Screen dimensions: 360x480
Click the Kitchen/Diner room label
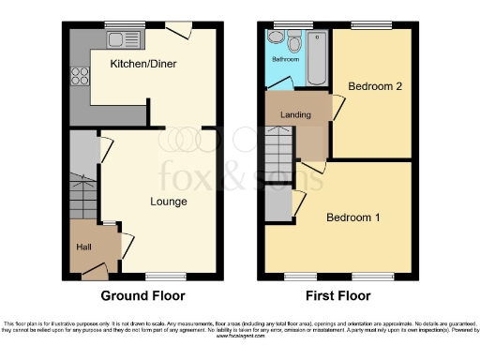click(144, 64)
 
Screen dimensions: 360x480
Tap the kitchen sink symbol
click(120, 39)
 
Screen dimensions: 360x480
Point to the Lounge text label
click(168, 201)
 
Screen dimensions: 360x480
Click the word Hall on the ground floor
click(84, 247)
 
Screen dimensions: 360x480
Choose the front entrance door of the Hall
click(93, 272)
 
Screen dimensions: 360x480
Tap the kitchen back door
click(178, 31)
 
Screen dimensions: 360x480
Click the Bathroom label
click(285, 59)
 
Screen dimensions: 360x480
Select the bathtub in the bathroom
click(318, 58)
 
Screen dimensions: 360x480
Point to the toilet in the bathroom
click(295, 41)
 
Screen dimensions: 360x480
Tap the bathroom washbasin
click(275, 38)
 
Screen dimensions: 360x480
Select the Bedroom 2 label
click(375, 86)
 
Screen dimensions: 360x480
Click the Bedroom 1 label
click(352, 217)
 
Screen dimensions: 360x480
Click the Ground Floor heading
click(142, 295)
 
